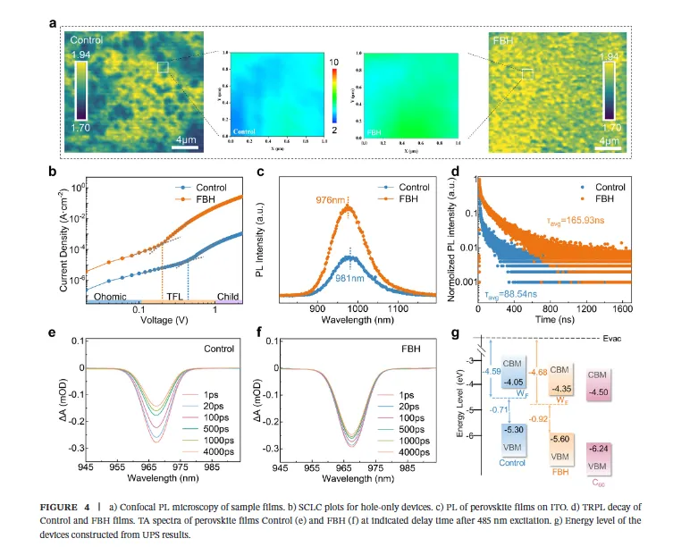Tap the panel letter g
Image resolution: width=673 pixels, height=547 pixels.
[458, 332]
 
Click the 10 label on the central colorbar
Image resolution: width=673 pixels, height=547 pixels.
[335, 61]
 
